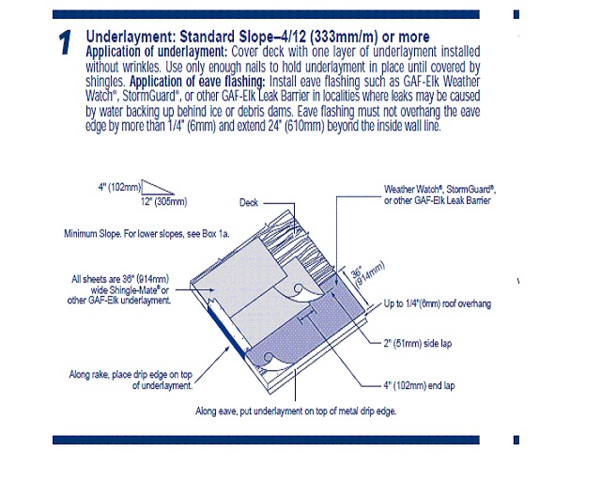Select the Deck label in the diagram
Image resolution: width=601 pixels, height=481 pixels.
pyautogui.click(x=249, y=202)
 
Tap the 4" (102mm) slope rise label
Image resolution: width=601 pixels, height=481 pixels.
pyautogui.click(x=119, y=187)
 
